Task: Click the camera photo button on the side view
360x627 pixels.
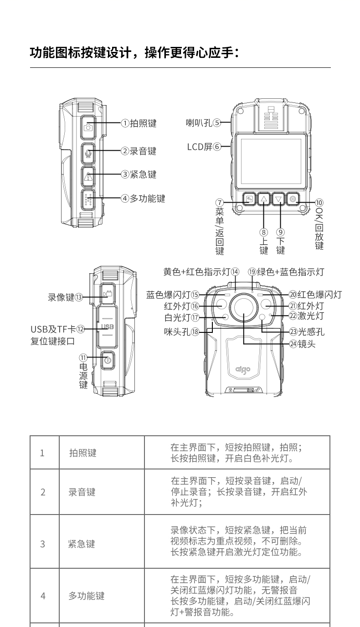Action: coord(89,127)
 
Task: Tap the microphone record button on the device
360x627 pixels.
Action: coord(89,153)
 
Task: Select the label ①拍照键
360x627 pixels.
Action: coord(139,123)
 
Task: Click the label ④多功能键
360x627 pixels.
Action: coord(143,199)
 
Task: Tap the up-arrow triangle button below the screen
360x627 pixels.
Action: coord(264,199)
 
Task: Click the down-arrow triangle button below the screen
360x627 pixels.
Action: coord(278,199)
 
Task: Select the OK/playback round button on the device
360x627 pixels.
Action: coord(293,199)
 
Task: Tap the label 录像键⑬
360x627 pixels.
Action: coord(66,297)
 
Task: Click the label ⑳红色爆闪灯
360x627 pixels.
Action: coord(315,295)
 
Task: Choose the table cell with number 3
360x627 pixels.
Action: coord(43,544)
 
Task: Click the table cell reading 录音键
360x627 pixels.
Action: coord(82,492)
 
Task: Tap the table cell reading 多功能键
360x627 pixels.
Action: coord(87,596)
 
